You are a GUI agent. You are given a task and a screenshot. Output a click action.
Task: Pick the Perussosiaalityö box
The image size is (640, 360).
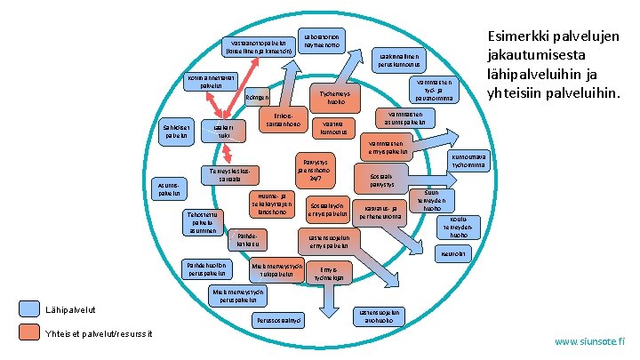tap(277, 319)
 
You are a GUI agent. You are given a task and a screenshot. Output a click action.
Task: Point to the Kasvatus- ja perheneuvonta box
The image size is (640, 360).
tap(376, 211)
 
